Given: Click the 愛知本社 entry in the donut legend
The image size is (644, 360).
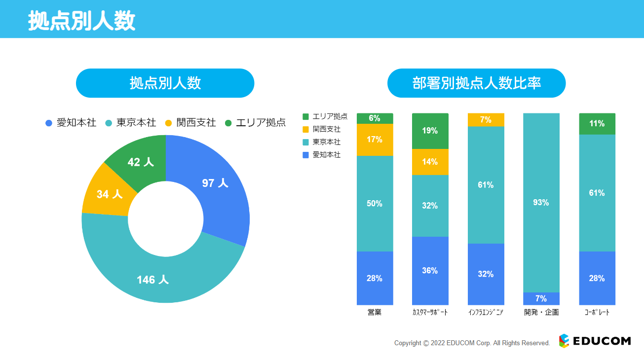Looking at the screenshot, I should coord(71,123).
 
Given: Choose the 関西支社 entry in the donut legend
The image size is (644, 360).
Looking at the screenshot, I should coord(190,123).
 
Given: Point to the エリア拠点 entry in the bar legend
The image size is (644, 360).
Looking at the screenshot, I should coord(326,116).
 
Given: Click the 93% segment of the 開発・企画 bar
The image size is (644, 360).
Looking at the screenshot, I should coord(541,203).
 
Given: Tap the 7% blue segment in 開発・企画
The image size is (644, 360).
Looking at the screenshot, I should coord(541,298).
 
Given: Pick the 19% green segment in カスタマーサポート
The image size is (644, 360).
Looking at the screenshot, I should coord(430,131).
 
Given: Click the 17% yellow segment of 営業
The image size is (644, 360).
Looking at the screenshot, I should coord(375,140).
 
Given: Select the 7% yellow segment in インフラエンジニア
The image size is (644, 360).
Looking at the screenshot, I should coord(486,120).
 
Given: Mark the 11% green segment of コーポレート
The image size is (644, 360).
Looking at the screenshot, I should coord(597,124).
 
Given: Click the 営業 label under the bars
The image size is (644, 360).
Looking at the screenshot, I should coord(375,313).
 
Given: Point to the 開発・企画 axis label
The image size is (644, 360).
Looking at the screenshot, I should coord(541,313).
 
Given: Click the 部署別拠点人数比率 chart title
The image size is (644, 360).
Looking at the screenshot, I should coord(476,83).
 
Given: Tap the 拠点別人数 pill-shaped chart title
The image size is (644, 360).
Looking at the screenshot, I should coord(165,83).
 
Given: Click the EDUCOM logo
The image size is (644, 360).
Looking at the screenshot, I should coord(595,341).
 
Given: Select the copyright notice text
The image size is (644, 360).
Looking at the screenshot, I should coord(472,343).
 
